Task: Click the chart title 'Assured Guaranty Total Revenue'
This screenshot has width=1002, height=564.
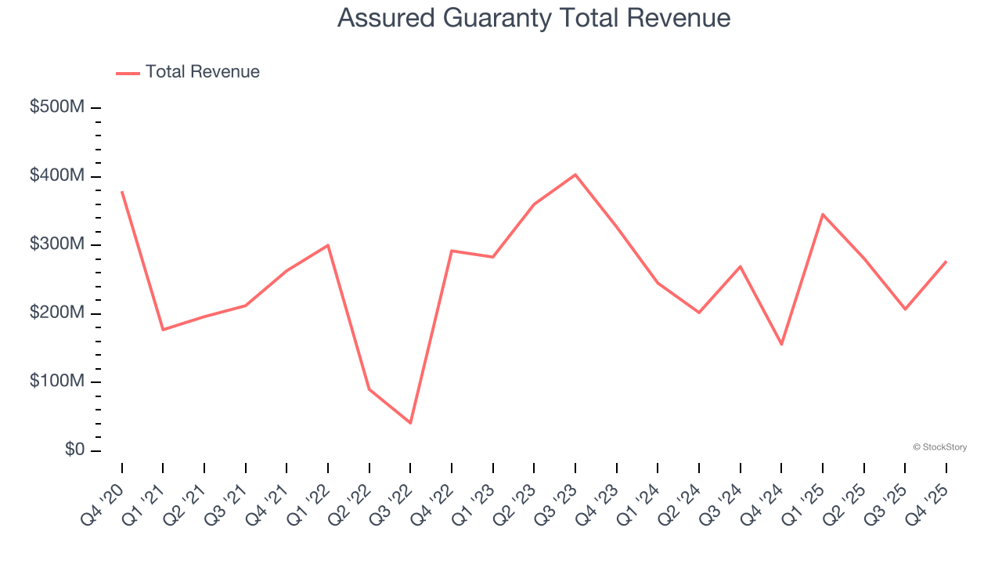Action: pyautogui.click(x=534, y=18)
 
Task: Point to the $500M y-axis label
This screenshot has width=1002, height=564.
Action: pyautogui.click(x=57, y=107)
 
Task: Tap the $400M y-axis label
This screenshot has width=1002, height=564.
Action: pyautogui.click(x=57, y=176)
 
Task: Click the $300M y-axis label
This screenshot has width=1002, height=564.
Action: pyautogui.click(x=57, y=244)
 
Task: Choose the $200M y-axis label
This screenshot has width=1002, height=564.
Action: pyautogui.click(x=57, y=313)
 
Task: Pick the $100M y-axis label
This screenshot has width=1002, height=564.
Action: pyautogui.click(x=57, y=381)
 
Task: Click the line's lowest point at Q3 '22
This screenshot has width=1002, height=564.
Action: pyautogui.click(x=410, y=423)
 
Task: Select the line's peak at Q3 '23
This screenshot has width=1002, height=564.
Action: pyautogui.click(x=575, y=175)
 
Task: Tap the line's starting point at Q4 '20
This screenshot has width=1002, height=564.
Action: pyautogui.click(x=122, y=191)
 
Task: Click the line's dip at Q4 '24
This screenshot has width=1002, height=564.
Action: pyautogui.click(x=781, y=344)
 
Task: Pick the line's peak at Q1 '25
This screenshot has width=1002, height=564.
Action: pyautogui.click(x=823, y=214)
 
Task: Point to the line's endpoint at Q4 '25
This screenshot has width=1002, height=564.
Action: pyautogui.click(x=946, y=262)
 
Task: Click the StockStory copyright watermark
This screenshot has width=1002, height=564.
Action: pyautogui.click(x=939, y=447)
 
